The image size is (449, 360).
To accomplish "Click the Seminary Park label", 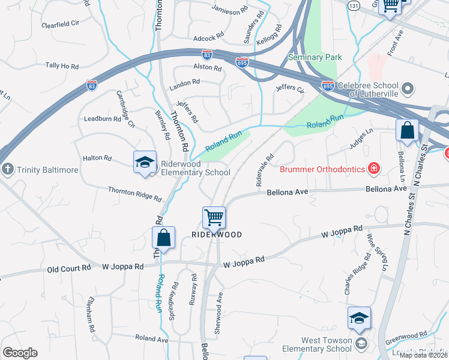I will [x=315, y=57].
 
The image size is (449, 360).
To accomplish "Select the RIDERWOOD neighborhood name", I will [x=217, y=235].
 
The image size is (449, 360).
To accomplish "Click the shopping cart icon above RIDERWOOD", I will [x=214, y=217].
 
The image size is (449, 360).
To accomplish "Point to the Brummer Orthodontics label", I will [x=322, y=169].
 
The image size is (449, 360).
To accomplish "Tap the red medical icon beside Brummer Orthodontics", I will [x=374, y=168].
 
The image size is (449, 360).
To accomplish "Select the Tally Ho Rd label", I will [x=62, y=66].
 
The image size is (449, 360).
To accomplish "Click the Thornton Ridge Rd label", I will [x=135, y=193].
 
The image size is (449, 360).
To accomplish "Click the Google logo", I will [x=20, y=353].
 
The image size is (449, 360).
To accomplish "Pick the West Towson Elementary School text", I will [x=326, y=344].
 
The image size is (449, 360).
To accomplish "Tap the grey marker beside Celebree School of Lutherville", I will [x=408, y=90].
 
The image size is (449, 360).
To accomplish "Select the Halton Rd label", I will [x=100, y=158].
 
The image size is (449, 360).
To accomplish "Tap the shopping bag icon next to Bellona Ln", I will [x=406, y=131].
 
